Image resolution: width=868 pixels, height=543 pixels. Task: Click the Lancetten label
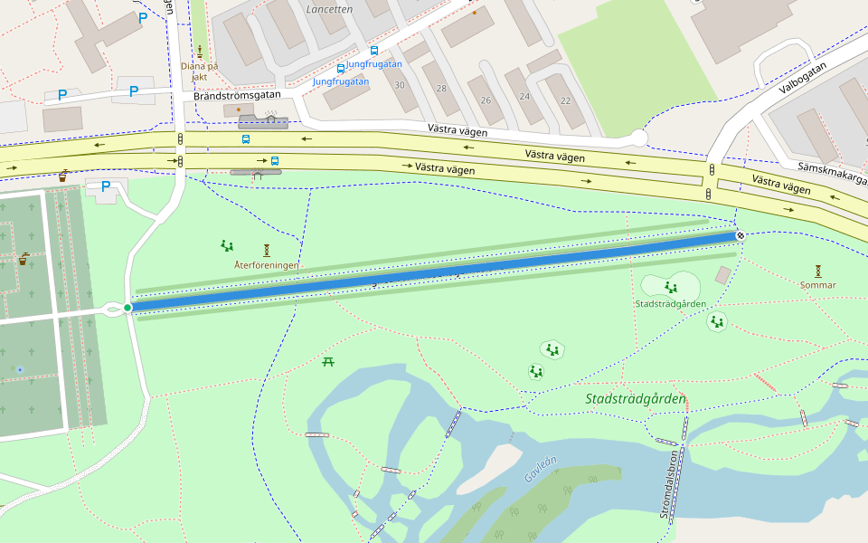(x=329, y=8)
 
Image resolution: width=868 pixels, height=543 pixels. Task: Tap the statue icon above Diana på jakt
(x=200, y=51)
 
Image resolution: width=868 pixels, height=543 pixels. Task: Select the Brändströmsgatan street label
(x=237, y=95)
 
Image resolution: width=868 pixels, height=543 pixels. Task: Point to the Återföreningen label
(x=266, y=265)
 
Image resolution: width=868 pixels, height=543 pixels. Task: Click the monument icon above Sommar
(x=817, y=271)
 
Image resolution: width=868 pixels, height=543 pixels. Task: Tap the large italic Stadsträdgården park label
(x=635, y=399)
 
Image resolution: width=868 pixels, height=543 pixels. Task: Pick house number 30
(x=399, y=85)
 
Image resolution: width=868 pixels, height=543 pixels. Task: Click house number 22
(x=566, y=100)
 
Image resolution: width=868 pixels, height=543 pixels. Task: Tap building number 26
(x=486, y=100)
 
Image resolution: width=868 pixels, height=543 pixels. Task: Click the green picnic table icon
(x=328, y=362)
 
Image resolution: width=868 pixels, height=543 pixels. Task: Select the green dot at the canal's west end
(x=127, y=308)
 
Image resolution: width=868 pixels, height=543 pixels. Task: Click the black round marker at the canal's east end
(x=741, y=235)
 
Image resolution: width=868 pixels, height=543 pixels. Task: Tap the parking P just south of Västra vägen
(x=105, y=186)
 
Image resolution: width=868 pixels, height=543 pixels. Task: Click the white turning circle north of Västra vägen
(x=639, y=138)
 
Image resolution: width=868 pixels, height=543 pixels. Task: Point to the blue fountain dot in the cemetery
(x=20, y=370)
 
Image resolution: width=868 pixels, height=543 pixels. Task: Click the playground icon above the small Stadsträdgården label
(x=670, y=287)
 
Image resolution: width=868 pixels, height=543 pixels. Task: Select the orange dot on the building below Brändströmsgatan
(x=239, y=110)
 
